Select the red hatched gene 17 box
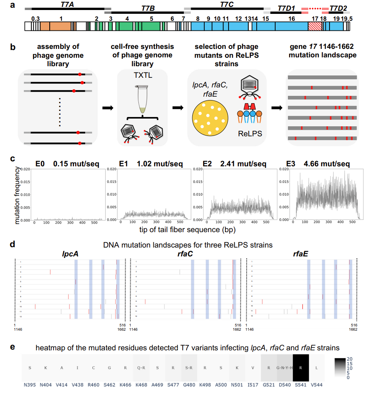(x=314, y=26)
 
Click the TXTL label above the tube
(x=142, y=76)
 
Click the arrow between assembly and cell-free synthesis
(x=107, y=108)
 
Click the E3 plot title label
(x=292, y=164)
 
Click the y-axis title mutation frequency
(x=17, y=194)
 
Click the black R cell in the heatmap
(x=301, y=367)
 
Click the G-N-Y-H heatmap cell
(x=285, y=367)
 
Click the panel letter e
(x=13, y=347)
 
